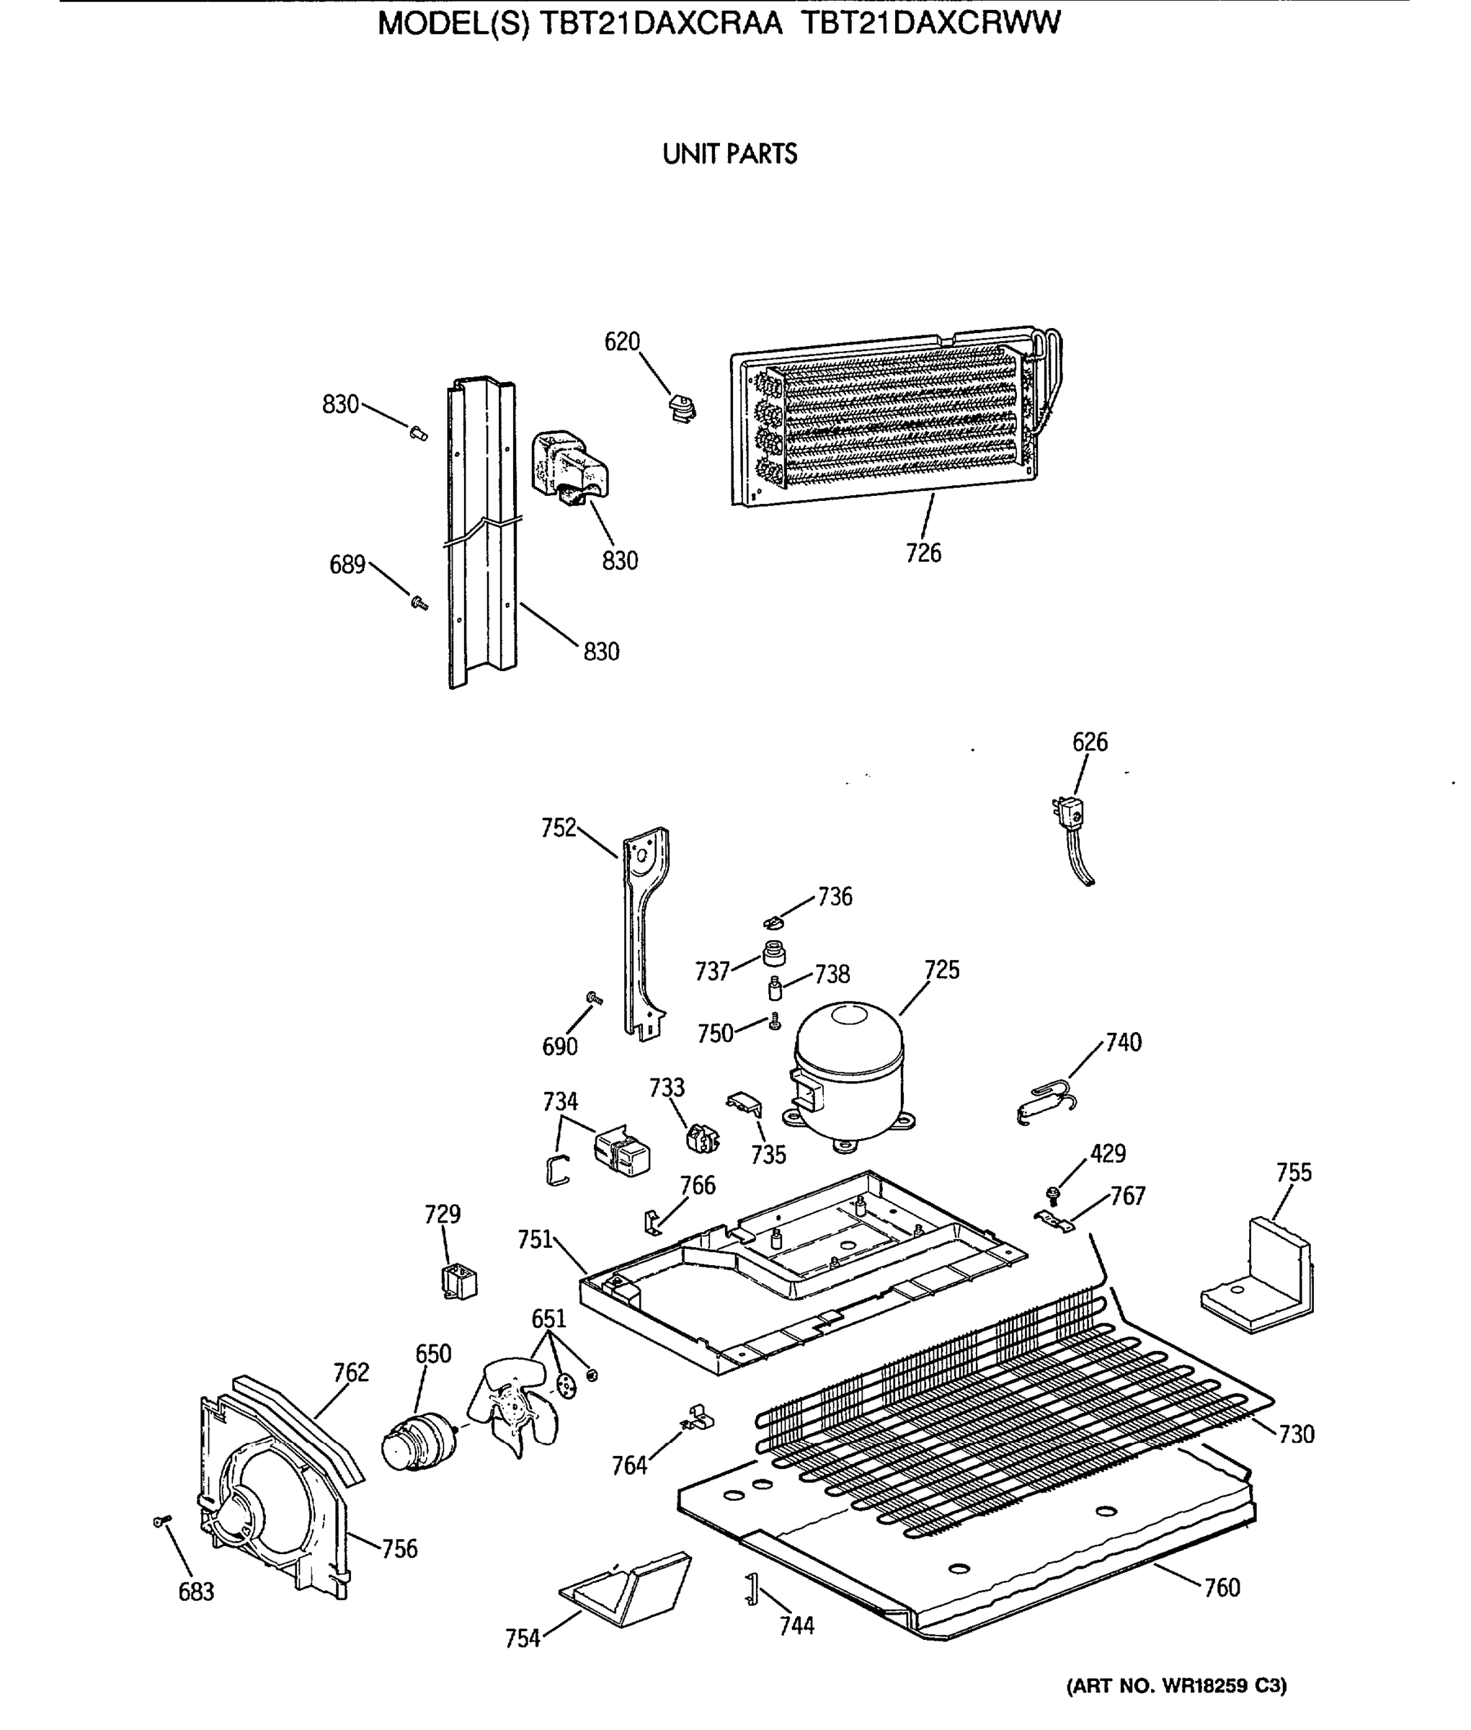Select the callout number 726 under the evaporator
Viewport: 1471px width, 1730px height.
[x=923, y=553]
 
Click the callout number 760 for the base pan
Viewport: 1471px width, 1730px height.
[x=1222, y=1587]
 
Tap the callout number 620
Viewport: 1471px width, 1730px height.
[x=621, y=342]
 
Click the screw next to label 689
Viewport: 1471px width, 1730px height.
[x=419, y=601]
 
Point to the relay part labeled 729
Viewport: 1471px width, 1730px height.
[x=458, y=1281]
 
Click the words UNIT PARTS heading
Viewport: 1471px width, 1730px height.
[x=729, y=154]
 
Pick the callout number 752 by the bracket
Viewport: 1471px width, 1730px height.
[x=558, y=828]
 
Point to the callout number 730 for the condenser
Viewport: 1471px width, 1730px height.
[x=1296, y=1434]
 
